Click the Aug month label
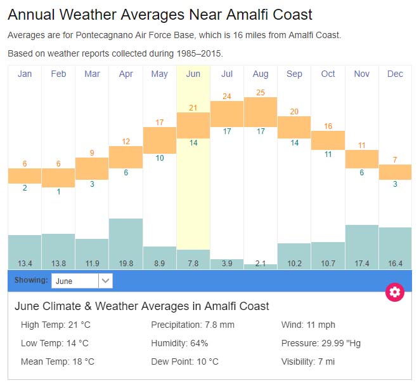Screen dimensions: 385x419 coord(261,74)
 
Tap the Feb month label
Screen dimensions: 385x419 coord(58,74)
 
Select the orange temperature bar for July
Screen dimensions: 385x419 coord(227,114)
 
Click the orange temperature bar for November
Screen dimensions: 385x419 coord(362,159)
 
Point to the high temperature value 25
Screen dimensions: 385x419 coord(261,93)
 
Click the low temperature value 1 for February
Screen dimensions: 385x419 coord(58,191)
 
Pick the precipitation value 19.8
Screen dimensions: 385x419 coord(126,263)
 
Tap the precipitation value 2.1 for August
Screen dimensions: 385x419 coord(261,263)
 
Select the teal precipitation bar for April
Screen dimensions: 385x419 coord(126,238)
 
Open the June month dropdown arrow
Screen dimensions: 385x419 coord(106,281)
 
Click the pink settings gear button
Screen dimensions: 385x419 coord(395,292)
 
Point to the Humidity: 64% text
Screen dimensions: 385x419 coord(179,344)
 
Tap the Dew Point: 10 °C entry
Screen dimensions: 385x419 coord(184,362)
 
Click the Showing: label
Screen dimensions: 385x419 coord(31,280)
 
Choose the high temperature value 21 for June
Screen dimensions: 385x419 coord(193,108)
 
